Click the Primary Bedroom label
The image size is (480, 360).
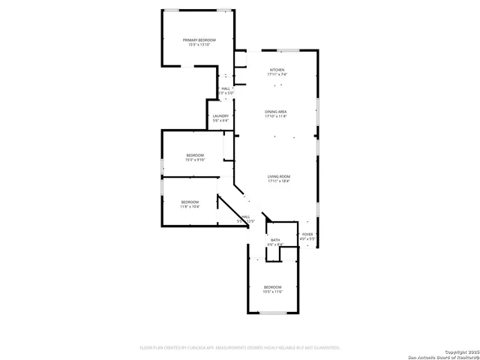click(x=199, y=40)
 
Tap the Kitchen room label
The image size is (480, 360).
click(x=277, y=70)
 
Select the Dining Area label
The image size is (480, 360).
click(x=276, y=112)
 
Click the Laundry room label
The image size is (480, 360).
click(x=220, y=116)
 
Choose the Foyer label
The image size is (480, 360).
click(x=307, y=235)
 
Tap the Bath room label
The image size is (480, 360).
click(x=275, y=240)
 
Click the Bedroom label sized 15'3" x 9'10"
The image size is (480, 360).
click(x=195, y=155)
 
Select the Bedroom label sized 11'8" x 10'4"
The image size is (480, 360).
click(x=190, y=202)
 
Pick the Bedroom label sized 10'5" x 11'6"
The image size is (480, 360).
click(x=272, y=287)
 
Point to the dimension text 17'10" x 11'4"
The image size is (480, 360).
click(x=276, y=116)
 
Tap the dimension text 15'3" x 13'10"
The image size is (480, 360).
click(x=199, y=45)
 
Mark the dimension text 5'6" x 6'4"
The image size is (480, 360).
click(x=220, y=121)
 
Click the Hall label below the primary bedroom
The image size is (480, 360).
click(x=226, y=88)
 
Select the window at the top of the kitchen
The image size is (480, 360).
click(x=289, y=50)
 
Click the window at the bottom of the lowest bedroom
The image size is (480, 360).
click(x=273, y=313)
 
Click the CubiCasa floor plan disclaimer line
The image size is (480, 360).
click(x=240, y=348)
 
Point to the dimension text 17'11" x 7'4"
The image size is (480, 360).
click(x=277, y=75)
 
